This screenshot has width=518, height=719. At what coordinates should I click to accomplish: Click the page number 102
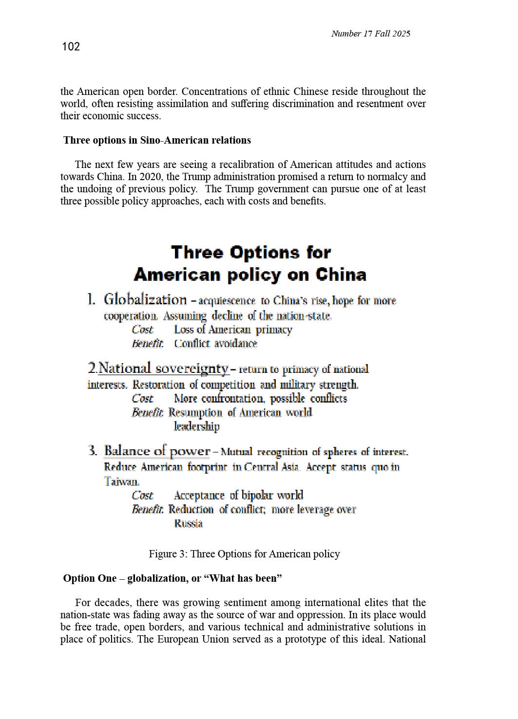[x=71, y=47]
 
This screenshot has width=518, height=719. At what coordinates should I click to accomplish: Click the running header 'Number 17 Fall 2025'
[x=370, y=34]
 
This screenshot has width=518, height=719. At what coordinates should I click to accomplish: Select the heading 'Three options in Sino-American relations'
[x=157, y=140]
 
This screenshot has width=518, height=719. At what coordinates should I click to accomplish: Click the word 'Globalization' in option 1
[x=145, y=299]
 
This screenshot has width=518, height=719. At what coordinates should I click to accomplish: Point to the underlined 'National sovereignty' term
[x=163, y=369]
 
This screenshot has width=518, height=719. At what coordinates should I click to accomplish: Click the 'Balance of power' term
[x=157, y=451]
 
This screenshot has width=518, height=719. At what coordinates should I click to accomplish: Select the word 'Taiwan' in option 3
[x=121, y=481]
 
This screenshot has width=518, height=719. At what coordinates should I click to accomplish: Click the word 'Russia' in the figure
[x=188, y=523]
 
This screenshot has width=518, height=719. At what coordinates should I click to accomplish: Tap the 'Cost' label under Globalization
[x=142, y=330]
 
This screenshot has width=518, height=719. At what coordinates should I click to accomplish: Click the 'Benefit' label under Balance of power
[x=147, y=509]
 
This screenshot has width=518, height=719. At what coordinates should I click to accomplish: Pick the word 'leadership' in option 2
[x=197, y=426]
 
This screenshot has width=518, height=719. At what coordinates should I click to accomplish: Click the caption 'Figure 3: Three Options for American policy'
[x=244, y=554]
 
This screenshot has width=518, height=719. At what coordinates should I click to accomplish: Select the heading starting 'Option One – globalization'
[x=173, y=578]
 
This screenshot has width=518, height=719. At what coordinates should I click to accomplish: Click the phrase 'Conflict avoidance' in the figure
[x=215, y=343]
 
